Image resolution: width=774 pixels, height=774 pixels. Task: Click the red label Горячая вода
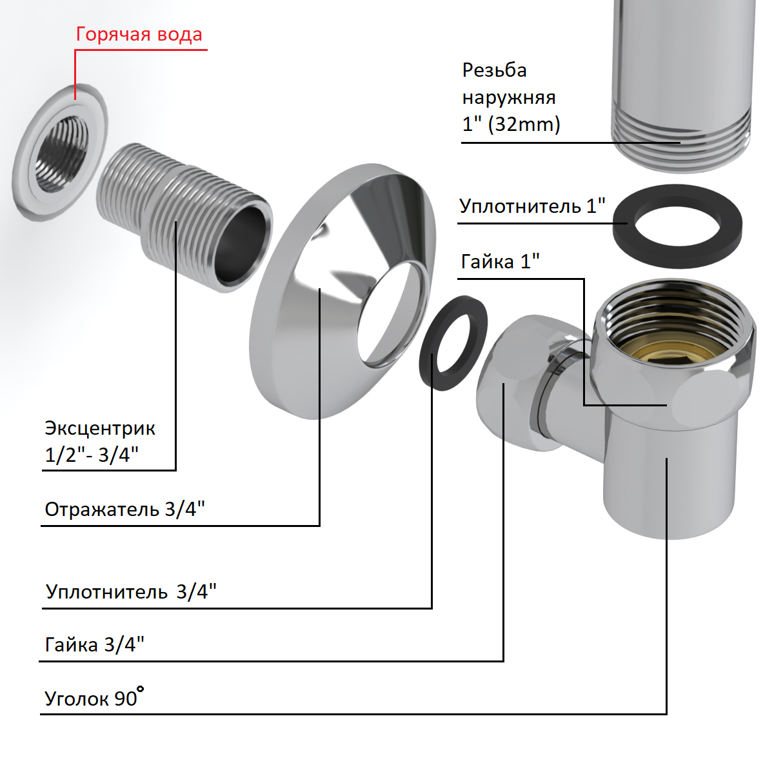pos(139,34)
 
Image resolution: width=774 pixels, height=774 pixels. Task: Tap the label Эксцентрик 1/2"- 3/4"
pos(100,441)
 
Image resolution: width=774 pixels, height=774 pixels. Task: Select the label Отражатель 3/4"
pos(124,510)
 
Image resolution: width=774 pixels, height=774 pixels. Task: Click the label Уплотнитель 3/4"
pos(131,591)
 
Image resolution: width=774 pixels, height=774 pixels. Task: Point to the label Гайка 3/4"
pos(94,644)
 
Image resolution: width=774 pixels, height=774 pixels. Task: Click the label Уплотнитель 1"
pos(532,206)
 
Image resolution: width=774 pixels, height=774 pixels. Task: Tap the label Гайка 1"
pos(500,262)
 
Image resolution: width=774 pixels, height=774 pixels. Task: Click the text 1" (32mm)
pos(511,124)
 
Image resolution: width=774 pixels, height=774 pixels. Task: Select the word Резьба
pos(494,70)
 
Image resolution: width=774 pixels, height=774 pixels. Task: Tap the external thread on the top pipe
pos(680,139)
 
